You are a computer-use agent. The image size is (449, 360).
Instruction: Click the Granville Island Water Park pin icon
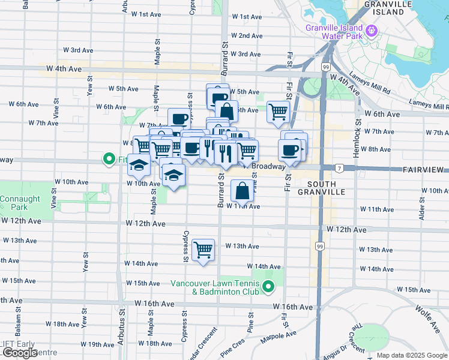coord(372,29)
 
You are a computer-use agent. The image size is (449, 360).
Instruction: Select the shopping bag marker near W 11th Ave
coord(241,191)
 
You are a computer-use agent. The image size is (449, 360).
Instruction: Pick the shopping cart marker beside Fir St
coord(278,112)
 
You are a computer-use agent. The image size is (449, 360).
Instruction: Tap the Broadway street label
coord(268,167)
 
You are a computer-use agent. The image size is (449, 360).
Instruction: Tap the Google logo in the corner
coord(19,353)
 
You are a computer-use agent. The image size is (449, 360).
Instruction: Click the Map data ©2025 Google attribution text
coord(412,355)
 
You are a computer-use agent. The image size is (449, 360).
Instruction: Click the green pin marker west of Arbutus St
coord(109,160)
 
